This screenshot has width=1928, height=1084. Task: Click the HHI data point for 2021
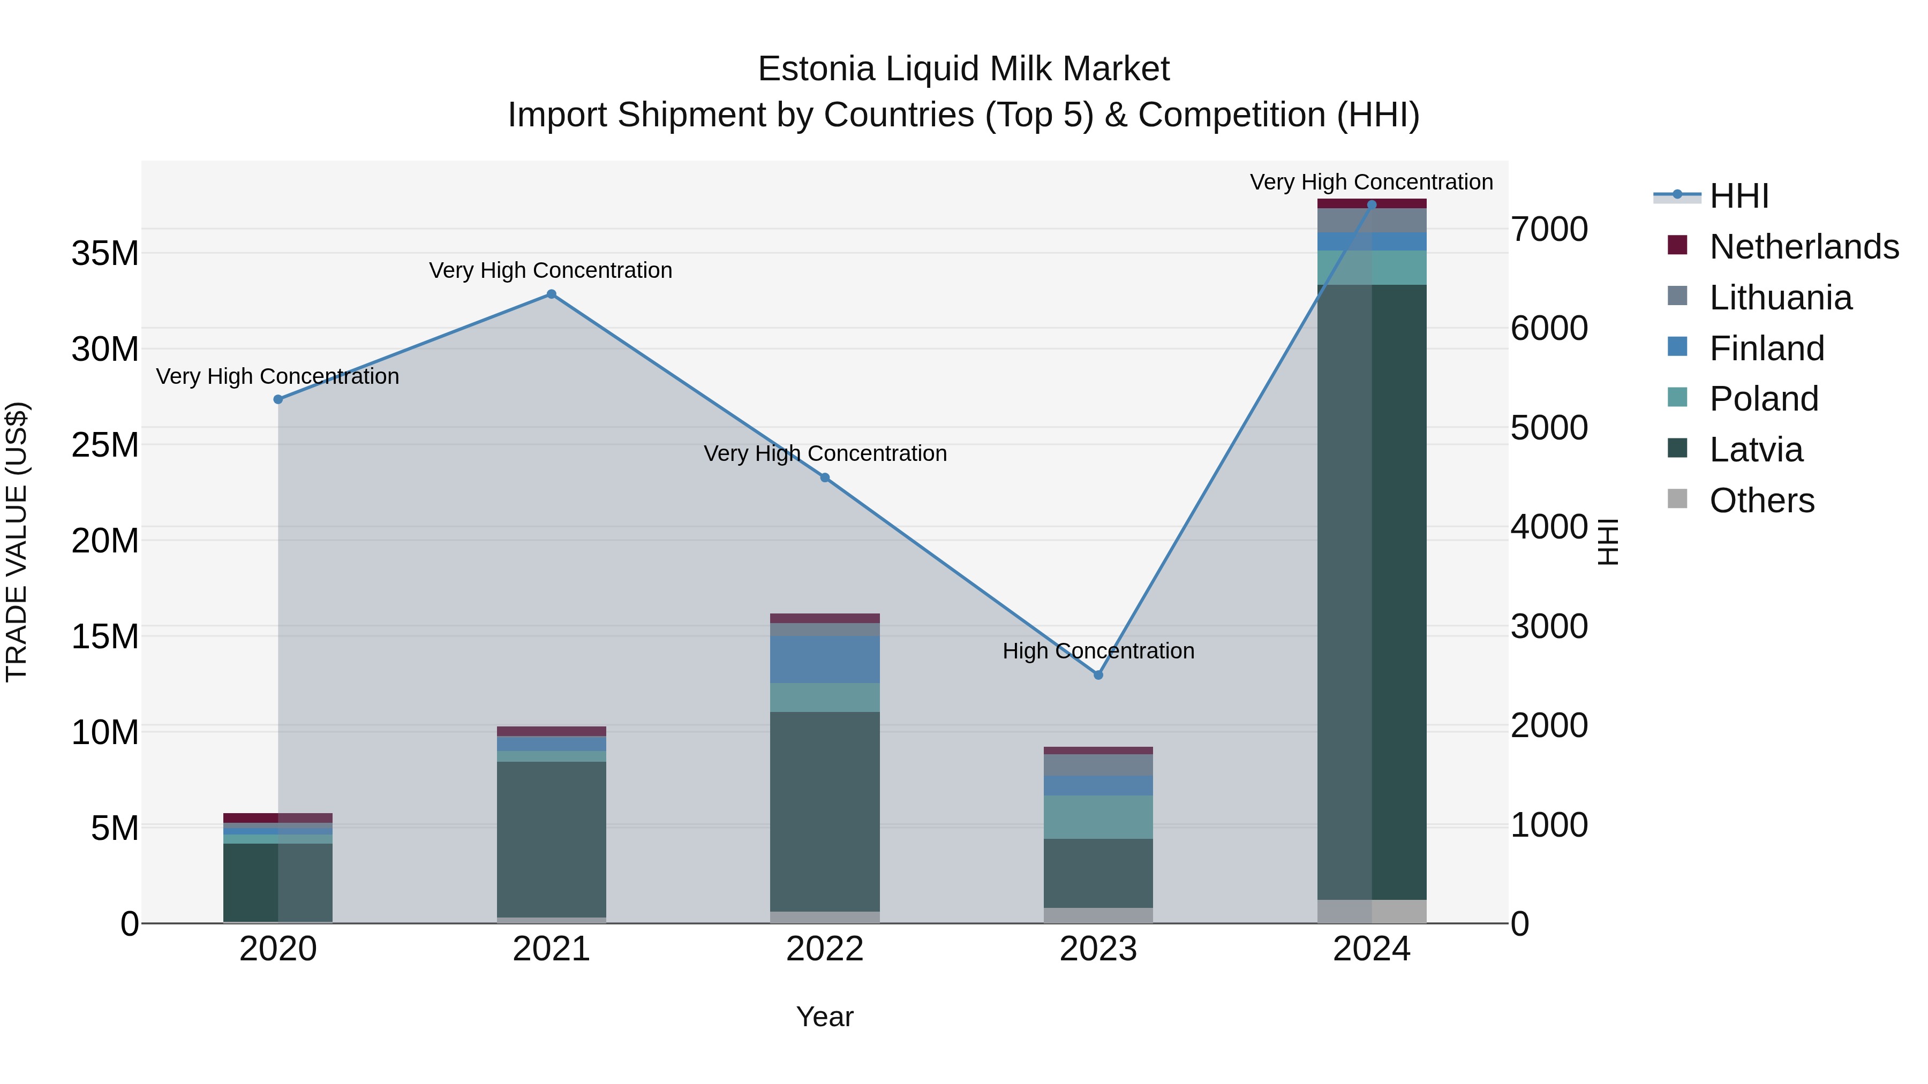coord(552,294)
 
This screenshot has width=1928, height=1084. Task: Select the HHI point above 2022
coord(825,477)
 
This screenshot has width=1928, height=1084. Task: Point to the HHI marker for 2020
coord(278,399)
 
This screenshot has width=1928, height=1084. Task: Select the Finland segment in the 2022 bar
coord(825,659)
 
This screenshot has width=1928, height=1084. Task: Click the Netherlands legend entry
coord(1804,247)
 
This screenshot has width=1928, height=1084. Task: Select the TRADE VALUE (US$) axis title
coord(17,542)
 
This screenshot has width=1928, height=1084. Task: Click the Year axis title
coord(825,1017)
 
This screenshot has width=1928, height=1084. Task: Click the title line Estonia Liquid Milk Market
coord(963,69)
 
